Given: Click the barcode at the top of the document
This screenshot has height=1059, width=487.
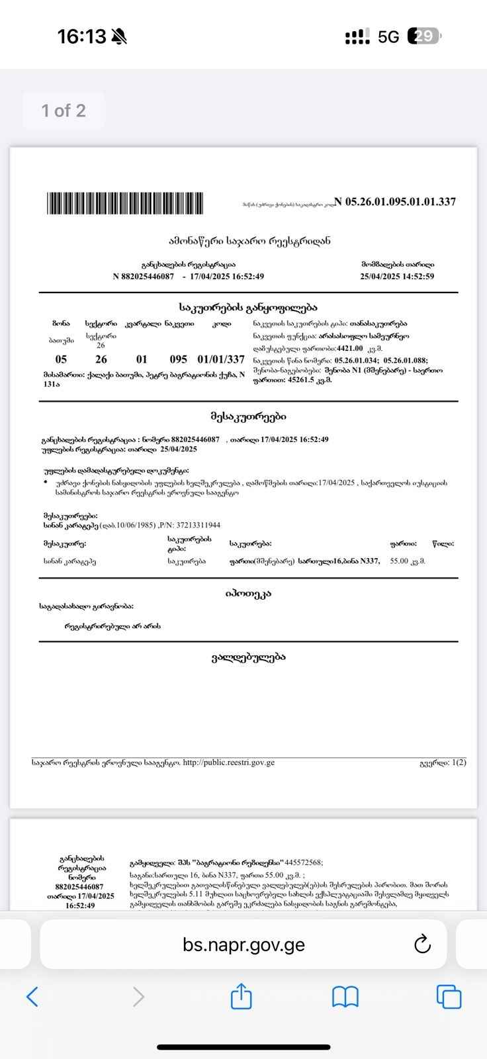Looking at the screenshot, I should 125,203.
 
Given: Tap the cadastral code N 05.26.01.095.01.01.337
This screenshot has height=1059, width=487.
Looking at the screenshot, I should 396,202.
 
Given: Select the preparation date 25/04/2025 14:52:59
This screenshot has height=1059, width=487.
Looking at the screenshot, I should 397,277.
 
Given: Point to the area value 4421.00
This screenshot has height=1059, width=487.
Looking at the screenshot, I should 349,348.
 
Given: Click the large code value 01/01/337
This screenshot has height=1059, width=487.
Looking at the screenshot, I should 221,359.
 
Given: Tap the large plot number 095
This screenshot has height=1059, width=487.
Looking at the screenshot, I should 179,359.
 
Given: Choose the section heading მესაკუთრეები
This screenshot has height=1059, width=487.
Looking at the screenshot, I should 248,416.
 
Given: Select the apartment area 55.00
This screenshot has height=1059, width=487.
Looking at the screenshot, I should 399,561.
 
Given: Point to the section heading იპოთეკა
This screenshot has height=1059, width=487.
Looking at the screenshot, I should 248,594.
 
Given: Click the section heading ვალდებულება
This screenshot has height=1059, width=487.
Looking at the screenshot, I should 248,657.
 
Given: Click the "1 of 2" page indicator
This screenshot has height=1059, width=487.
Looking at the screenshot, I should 64,111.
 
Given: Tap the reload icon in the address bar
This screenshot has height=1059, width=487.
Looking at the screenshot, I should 422,944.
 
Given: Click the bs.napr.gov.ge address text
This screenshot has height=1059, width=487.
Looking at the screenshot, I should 243,944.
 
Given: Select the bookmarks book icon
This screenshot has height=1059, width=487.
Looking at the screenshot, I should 345,996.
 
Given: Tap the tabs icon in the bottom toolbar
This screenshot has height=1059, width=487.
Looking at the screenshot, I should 449,996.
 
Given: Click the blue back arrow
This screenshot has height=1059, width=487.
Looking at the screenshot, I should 32,996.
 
